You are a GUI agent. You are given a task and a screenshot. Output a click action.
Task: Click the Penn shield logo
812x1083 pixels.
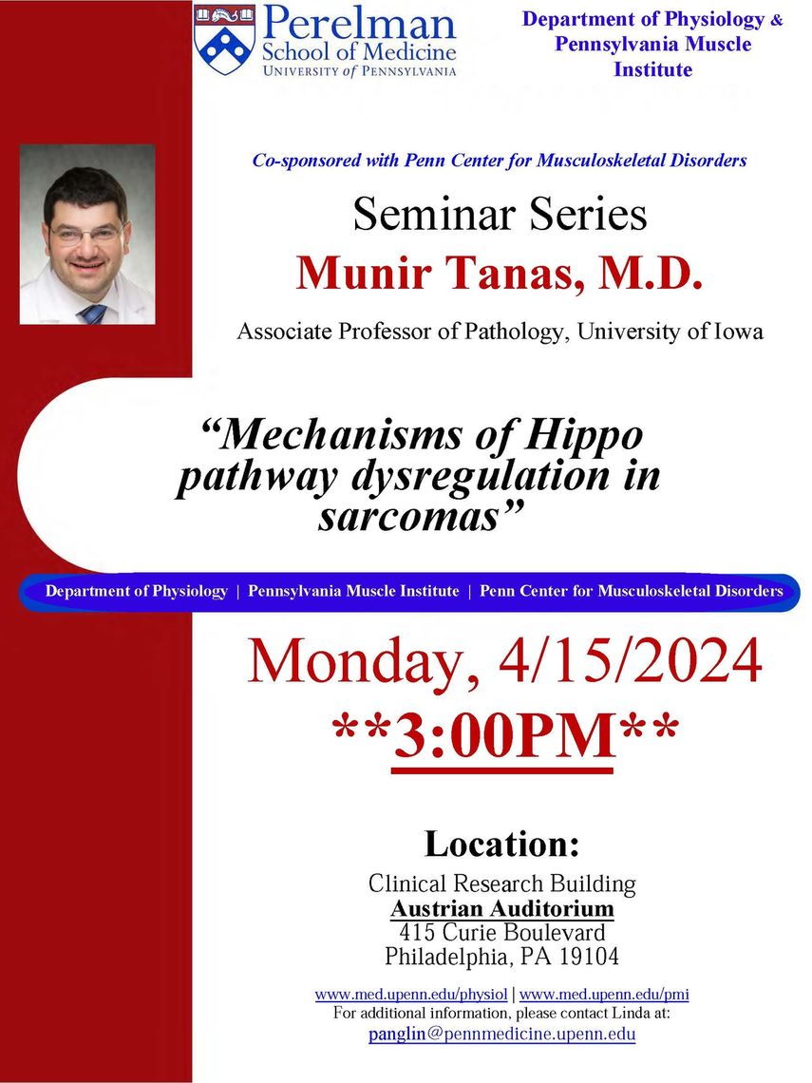pos(224,40)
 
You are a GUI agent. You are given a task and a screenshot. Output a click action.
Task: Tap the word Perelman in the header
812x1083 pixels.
pos(359,24)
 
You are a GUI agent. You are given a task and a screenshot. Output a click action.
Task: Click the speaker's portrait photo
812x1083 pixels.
pos(87,234)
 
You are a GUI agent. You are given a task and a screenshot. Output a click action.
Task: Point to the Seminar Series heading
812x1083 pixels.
pos(500,214)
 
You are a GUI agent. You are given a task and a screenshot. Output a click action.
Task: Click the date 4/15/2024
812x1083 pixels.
pos(631,662)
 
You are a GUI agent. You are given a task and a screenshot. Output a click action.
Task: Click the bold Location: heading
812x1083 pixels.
pos(502,844)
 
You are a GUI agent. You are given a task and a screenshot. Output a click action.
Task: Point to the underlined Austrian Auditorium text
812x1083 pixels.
pos(502,908)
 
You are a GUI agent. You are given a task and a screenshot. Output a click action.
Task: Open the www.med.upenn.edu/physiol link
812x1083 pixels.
pos(411,995)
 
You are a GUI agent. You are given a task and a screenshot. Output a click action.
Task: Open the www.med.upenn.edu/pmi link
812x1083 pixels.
pos(604,995)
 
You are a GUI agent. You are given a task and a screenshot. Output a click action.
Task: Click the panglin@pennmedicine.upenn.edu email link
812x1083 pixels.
pos(502,1034)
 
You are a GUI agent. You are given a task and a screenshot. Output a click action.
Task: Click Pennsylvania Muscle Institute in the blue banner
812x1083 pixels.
pos(353,591)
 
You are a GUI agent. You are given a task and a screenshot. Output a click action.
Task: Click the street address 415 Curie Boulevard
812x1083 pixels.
pos(502,933)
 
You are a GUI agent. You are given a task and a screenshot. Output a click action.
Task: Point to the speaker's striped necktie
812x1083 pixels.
pos(92,314)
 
